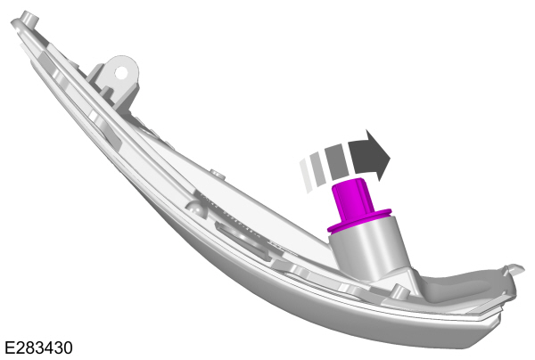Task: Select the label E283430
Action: (x=38, y=347)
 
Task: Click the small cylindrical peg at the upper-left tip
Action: (x=24, y=17)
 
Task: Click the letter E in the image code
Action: (x=9, y=347)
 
